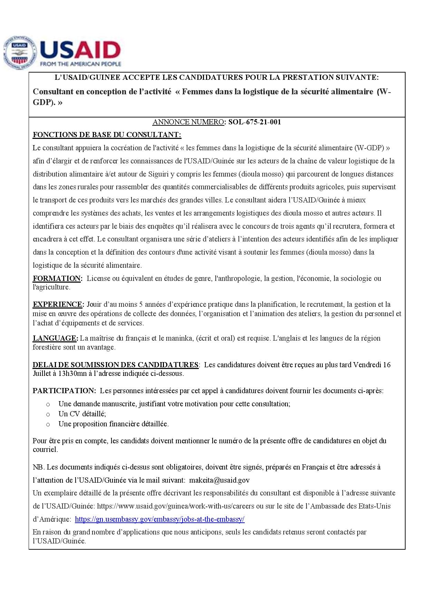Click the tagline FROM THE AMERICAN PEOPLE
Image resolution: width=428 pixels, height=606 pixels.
tap(81, 64)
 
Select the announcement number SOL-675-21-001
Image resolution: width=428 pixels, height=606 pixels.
tap(254, 122)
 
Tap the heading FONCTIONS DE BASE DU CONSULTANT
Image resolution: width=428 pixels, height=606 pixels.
tap(107, 134)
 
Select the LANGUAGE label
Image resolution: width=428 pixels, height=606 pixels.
tap(55, 338)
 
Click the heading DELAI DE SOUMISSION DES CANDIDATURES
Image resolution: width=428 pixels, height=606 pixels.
tap(115, 365)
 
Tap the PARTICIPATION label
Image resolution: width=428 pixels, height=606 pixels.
tap(64, 391)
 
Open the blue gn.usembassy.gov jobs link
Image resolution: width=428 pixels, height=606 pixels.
tap(159, 519)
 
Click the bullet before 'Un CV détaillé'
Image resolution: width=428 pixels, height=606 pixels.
tap(48, 414)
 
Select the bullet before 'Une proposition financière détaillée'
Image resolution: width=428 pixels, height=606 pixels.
tap(48, 424)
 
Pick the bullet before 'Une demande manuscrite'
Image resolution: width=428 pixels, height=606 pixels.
tap(48, 404)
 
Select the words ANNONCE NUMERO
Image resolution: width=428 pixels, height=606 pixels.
tap(188, 122)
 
